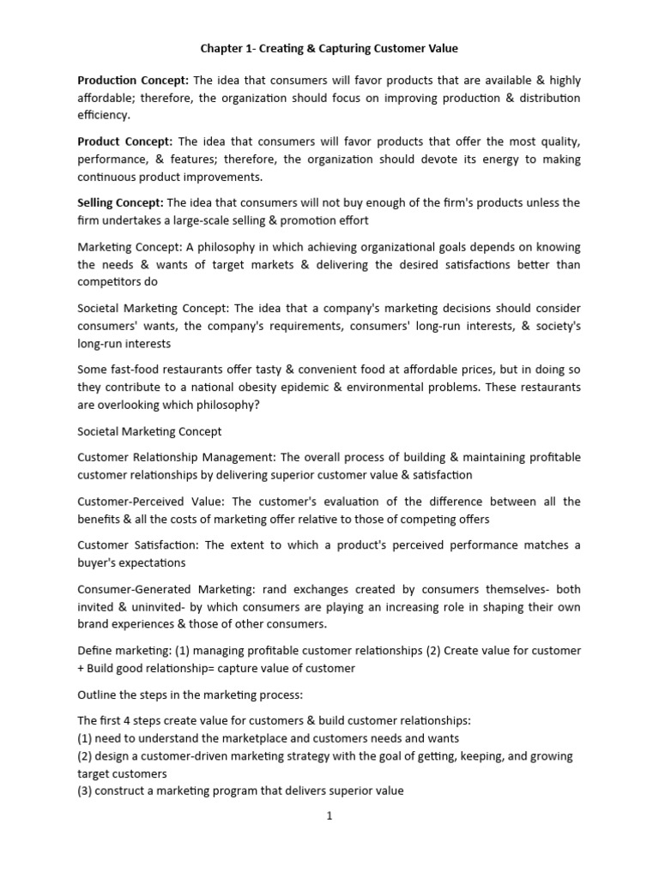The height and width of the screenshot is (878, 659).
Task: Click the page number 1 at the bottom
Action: (329, 815)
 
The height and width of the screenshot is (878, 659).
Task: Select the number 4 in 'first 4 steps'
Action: (126, 720)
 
